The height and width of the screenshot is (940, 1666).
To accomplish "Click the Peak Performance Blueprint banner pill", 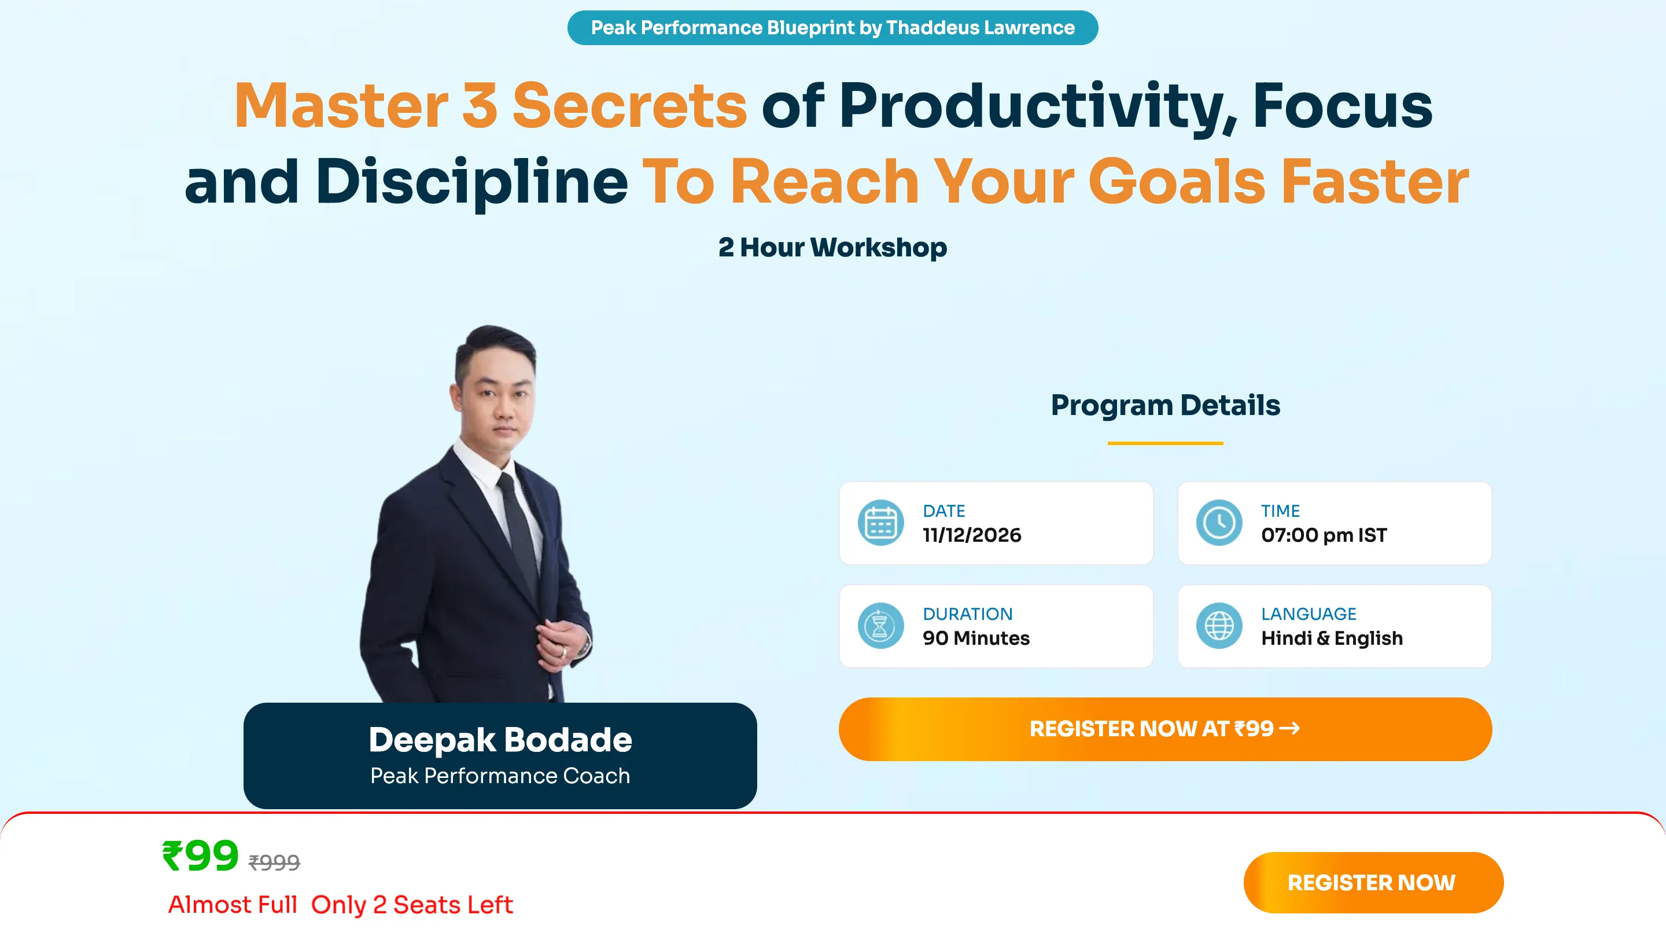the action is click(832, 28).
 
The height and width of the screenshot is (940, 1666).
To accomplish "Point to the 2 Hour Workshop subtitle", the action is click(832, 248).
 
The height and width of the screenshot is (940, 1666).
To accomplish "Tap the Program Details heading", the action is click(1166, 406).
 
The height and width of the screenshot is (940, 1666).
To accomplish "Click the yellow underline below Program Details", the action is click(1166, 443).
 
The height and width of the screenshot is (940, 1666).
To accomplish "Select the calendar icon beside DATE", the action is click(880, 523).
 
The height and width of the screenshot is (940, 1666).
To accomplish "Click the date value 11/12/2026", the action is click(972, 535).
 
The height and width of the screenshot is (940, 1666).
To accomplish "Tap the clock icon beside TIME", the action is click(1219, 523).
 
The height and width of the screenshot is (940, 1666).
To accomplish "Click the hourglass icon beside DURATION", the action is click(880, 626).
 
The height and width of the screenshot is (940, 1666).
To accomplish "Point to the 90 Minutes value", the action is click(976, 638).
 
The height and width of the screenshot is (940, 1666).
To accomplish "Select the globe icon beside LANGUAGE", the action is click(1219, 626).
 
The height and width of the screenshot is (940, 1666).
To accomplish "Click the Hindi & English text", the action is click(1332, 638).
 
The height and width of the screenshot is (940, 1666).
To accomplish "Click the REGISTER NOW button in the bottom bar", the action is click(1373, 883).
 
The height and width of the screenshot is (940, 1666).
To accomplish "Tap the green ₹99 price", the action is click(201, 856).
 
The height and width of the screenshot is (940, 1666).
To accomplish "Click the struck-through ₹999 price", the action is click(274, 862).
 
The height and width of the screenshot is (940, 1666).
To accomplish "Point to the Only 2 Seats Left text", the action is click(412, 905).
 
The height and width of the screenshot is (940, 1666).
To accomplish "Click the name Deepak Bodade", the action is click(500, 740).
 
